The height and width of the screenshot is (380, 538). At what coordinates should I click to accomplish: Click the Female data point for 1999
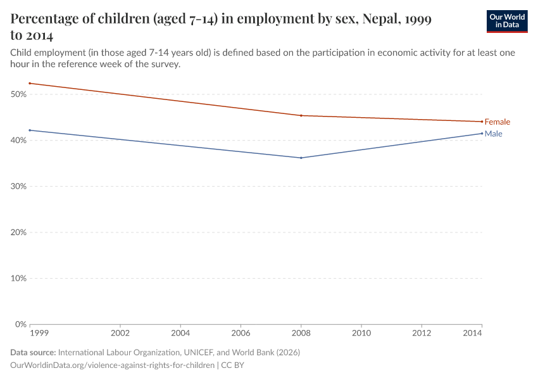pos(30,83)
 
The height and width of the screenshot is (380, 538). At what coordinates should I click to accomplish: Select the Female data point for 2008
pos(301,115)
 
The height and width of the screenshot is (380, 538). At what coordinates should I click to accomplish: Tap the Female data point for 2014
pos(482,122)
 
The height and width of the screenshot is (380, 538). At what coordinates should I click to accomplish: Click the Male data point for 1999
pos(30,130)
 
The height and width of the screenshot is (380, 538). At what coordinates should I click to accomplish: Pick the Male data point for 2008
pos(301,158)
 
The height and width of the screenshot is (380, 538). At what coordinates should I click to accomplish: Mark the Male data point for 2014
pos(482,133)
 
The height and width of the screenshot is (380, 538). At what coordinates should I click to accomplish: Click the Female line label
pos(497,122)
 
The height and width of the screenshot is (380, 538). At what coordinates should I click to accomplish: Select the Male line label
pos(494,134)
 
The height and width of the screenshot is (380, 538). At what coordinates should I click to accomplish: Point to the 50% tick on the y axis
pos(18,94)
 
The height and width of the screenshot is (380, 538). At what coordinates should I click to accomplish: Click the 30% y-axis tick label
pos(18,186)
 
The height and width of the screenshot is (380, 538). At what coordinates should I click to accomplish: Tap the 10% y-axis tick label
pos(18,278)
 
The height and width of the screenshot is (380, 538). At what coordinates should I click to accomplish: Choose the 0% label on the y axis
pos(20,324)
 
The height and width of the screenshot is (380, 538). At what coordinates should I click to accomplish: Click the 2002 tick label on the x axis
pos(120,333)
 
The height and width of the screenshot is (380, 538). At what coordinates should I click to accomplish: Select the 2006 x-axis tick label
pos(241,333)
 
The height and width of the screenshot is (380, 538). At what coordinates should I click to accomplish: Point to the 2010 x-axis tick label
pos(361,333)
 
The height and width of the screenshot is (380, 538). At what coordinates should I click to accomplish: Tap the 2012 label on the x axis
pos(422,333)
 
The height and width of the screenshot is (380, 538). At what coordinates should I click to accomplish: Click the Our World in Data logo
pos(507,21)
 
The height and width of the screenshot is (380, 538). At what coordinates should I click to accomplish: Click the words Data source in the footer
pos(33,352)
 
